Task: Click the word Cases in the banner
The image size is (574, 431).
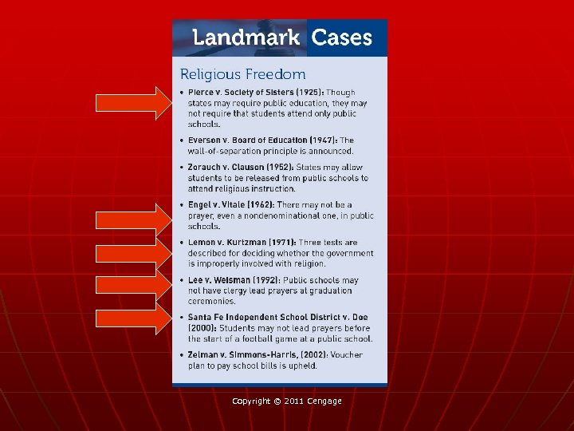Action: tap(341, 38)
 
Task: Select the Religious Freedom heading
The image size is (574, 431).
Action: tap(242, 74)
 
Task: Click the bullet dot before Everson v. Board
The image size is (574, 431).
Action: tap(183, 140)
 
